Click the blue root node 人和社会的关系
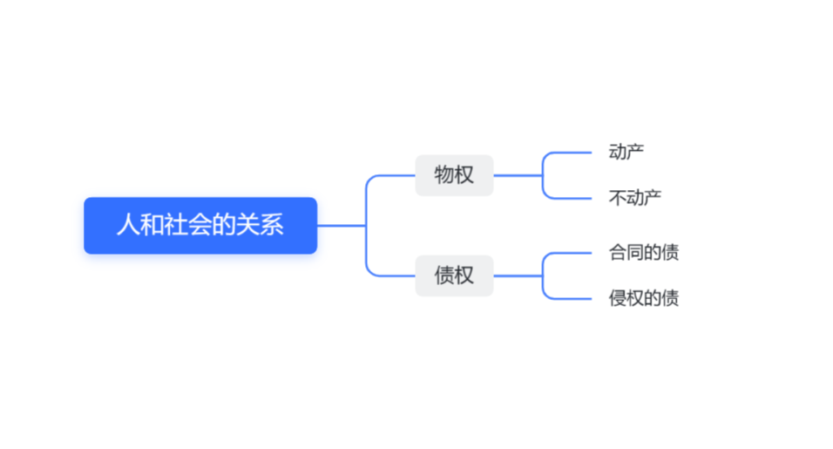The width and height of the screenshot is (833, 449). pyautogui.click(x=200, y=226)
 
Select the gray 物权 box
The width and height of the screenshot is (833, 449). pyautogui.click(x=454, y=175)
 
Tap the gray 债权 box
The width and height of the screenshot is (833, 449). pyautogui.click(x=454, y=276)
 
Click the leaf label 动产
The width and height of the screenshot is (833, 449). pyautogui.click(x=626, y=153)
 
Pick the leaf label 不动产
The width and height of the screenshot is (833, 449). pyautogui.click(x=634, y=198)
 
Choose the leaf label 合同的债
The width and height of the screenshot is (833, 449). pyautogui.click(x=643, y=253)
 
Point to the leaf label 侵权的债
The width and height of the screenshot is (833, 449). pyautogui.click(x=643, y=298)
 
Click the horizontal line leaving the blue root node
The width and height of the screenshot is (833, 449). pyautogui.click(x=341, y=226)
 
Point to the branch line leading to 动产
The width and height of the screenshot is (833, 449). pyautogui.click(x=571, y=153)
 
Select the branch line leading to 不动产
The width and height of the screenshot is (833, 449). pyautogui.click(x=571, y=198)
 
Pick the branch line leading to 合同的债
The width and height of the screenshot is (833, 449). pyautogui.click(x=571, y=253)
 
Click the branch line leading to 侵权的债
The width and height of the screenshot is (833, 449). pyautogui.click(x=571, y=298)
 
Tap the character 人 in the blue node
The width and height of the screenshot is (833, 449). pyautogui.click(x=127, y=226)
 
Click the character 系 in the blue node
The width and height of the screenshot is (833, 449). pyautogui.click(x=273, y=226)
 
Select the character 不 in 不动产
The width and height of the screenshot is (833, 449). pyautogui.click(x=617, y=198)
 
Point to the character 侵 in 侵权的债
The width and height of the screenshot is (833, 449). pyautogui.click(x=617, y=298)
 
